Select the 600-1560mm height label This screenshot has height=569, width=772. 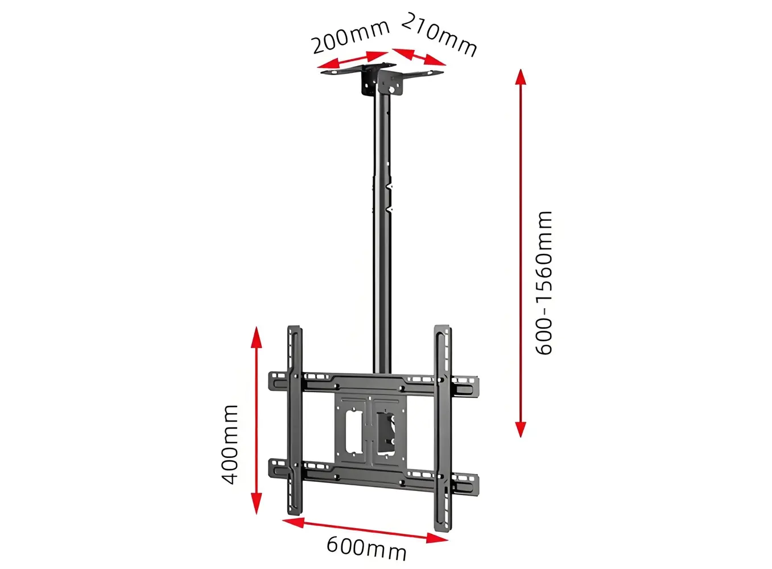(x=544, y=283)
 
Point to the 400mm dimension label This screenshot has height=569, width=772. (x=229, y=444)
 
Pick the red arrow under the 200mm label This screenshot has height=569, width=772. (x=353, y=60)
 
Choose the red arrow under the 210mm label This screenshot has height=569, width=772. (x=419, y=57)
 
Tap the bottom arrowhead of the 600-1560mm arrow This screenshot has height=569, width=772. (x=521, y=430)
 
